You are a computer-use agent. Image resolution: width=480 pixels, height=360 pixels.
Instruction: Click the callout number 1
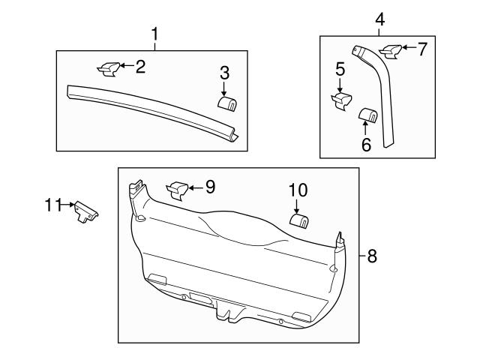pos(155,34)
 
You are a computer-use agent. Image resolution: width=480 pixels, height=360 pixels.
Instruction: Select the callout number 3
pos(224,73)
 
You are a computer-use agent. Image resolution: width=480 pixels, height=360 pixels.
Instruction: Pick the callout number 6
pos(366,144)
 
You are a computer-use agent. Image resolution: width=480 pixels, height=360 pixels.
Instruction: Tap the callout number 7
pos(422,50)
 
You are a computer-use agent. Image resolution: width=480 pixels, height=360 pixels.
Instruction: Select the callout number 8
pos(372,256)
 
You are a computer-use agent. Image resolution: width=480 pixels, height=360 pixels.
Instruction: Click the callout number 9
pos(210,187)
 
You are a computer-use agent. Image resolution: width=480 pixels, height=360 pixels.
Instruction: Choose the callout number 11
pos(51,203)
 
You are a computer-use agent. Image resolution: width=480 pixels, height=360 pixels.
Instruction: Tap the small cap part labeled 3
pos(226,103)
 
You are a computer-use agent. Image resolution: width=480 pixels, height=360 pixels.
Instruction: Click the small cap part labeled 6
pos(367,114)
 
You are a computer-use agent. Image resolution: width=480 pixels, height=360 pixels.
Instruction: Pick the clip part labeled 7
pos(391,51)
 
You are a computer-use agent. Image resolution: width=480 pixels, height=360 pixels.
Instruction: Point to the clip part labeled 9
pos(178,190)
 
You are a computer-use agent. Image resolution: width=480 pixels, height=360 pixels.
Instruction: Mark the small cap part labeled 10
pos(299,220)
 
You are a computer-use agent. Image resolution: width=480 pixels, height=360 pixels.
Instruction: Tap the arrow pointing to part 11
pos(67,203)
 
